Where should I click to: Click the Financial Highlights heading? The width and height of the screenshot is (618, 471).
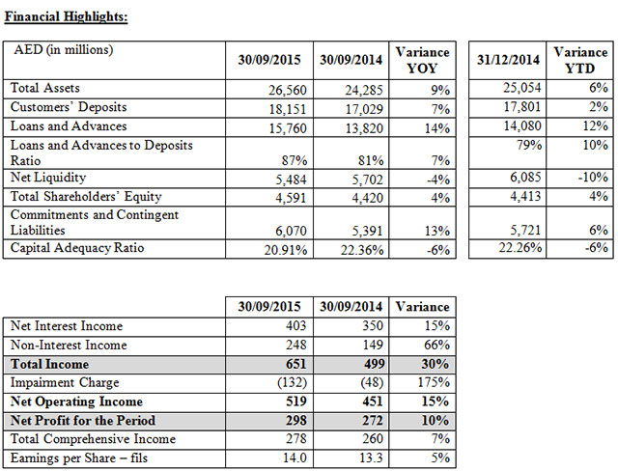click(67, 17)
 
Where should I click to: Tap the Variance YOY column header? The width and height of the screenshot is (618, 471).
click(424, 60)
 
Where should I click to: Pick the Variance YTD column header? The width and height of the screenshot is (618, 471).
click(578, 60)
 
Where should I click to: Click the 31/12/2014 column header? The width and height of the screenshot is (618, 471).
click(507, 60)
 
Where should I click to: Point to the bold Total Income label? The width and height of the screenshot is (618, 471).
click(48, 364)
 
